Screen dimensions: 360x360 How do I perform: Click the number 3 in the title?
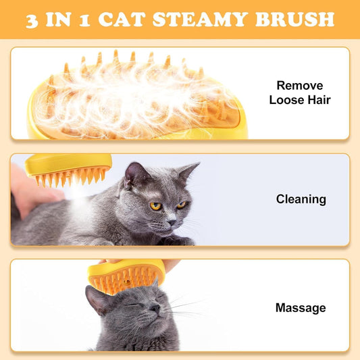point(32,20)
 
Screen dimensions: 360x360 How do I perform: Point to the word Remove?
point(301,86)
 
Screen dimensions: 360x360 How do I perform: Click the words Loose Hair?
point(300,100)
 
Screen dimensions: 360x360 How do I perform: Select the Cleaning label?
point(301,199)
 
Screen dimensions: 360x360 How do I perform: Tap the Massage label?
point(301,308)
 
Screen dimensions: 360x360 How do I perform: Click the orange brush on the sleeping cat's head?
point(126,278)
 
